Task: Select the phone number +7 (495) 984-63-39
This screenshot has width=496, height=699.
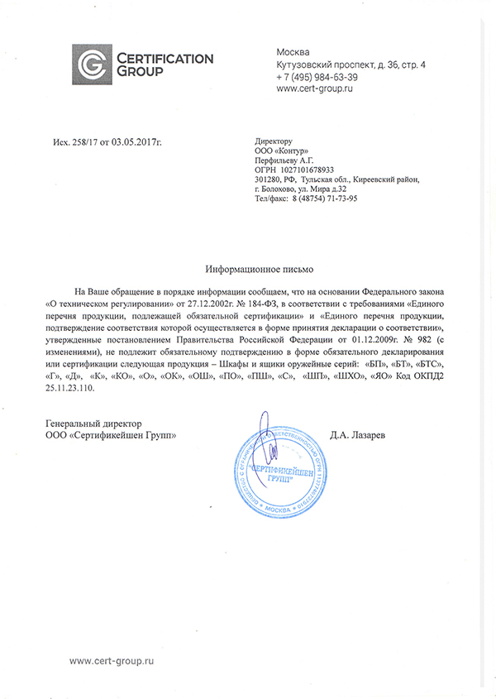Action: pos(317,77)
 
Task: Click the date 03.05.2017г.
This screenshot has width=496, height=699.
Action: pos(137,143)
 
